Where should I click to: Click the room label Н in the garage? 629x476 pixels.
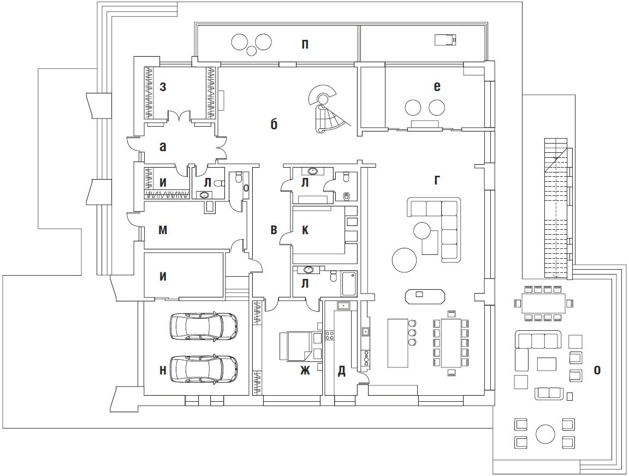click(x=163, y=370)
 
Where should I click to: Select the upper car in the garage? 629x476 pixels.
click(x=204, y=326)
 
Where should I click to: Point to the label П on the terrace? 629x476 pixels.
click(x=305, y=44)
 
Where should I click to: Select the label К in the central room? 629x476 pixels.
click(x=305, y=230)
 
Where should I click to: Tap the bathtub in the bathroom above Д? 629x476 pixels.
click(x=349, y=283)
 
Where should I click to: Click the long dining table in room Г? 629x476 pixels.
click(x=452, y=343)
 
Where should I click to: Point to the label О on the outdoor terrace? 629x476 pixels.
click(x=597, y=370)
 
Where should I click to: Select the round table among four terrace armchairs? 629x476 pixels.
click(x=545, y=434)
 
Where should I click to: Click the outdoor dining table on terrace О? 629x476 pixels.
click(x=544, y=304)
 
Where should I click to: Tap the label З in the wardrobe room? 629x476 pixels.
click(x=163, y=87)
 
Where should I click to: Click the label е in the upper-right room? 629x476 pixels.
click(x=437, y=87)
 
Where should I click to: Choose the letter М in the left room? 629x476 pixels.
click(x=163, y=230)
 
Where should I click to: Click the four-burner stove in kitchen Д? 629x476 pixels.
click(x=329, y=335)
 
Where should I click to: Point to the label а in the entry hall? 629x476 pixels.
click(x=163, y=147)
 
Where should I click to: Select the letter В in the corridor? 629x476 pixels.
click(x=274, y=230)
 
